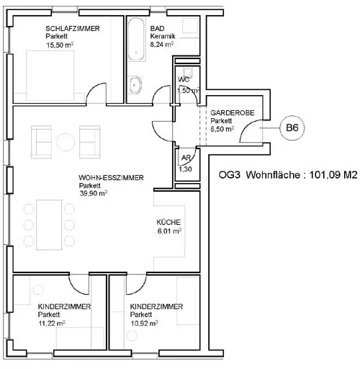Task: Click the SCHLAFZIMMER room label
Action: (x=73, y=29)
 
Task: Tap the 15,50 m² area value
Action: (x=60, y=45)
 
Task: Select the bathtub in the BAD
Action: (x=136, y=39)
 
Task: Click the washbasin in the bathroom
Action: (x=135, y=85)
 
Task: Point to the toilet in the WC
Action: (x=187, y=71)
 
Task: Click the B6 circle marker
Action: (x=292, y=128)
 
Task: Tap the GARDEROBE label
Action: (x=233, y=112)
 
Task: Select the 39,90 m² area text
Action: (x=94, y=193)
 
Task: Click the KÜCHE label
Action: (x=168, y=222)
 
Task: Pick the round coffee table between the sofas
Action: (x=66, y=142)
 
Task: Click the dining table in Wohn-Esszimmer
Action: (x=49, y=225)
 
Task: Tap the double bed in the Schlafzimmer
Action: (x=50, y=76)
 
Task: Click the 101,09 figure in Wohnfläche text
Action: (x=324, y=174)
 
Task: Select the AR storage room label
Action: (x=186, y=158)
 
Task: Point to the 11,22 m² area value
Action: (x=52, y=324)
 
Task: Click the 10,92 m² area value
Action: (x=144, y=324)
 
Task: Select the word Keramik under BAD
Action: (x=163, y=37)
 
